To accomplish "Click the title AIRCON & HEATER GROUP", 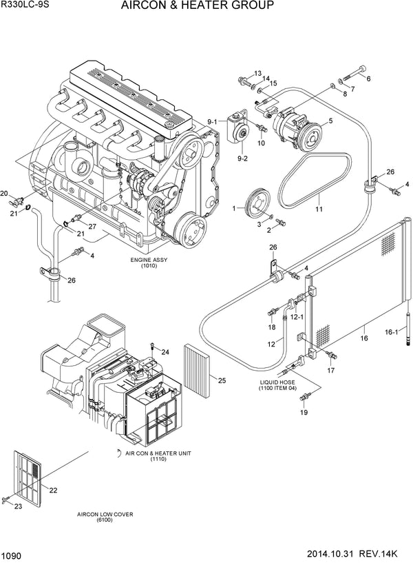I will coord(187,6).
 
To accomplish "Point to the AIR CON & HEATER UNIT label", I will coord(157,455).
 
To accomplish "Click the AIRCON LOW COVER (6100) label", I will coord(105,518).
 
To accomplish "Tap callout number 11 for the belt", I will coord(318,209).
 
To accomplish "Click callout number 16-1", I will coord(391,332).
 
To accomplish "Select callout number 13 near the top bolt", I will coord(257,74).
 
